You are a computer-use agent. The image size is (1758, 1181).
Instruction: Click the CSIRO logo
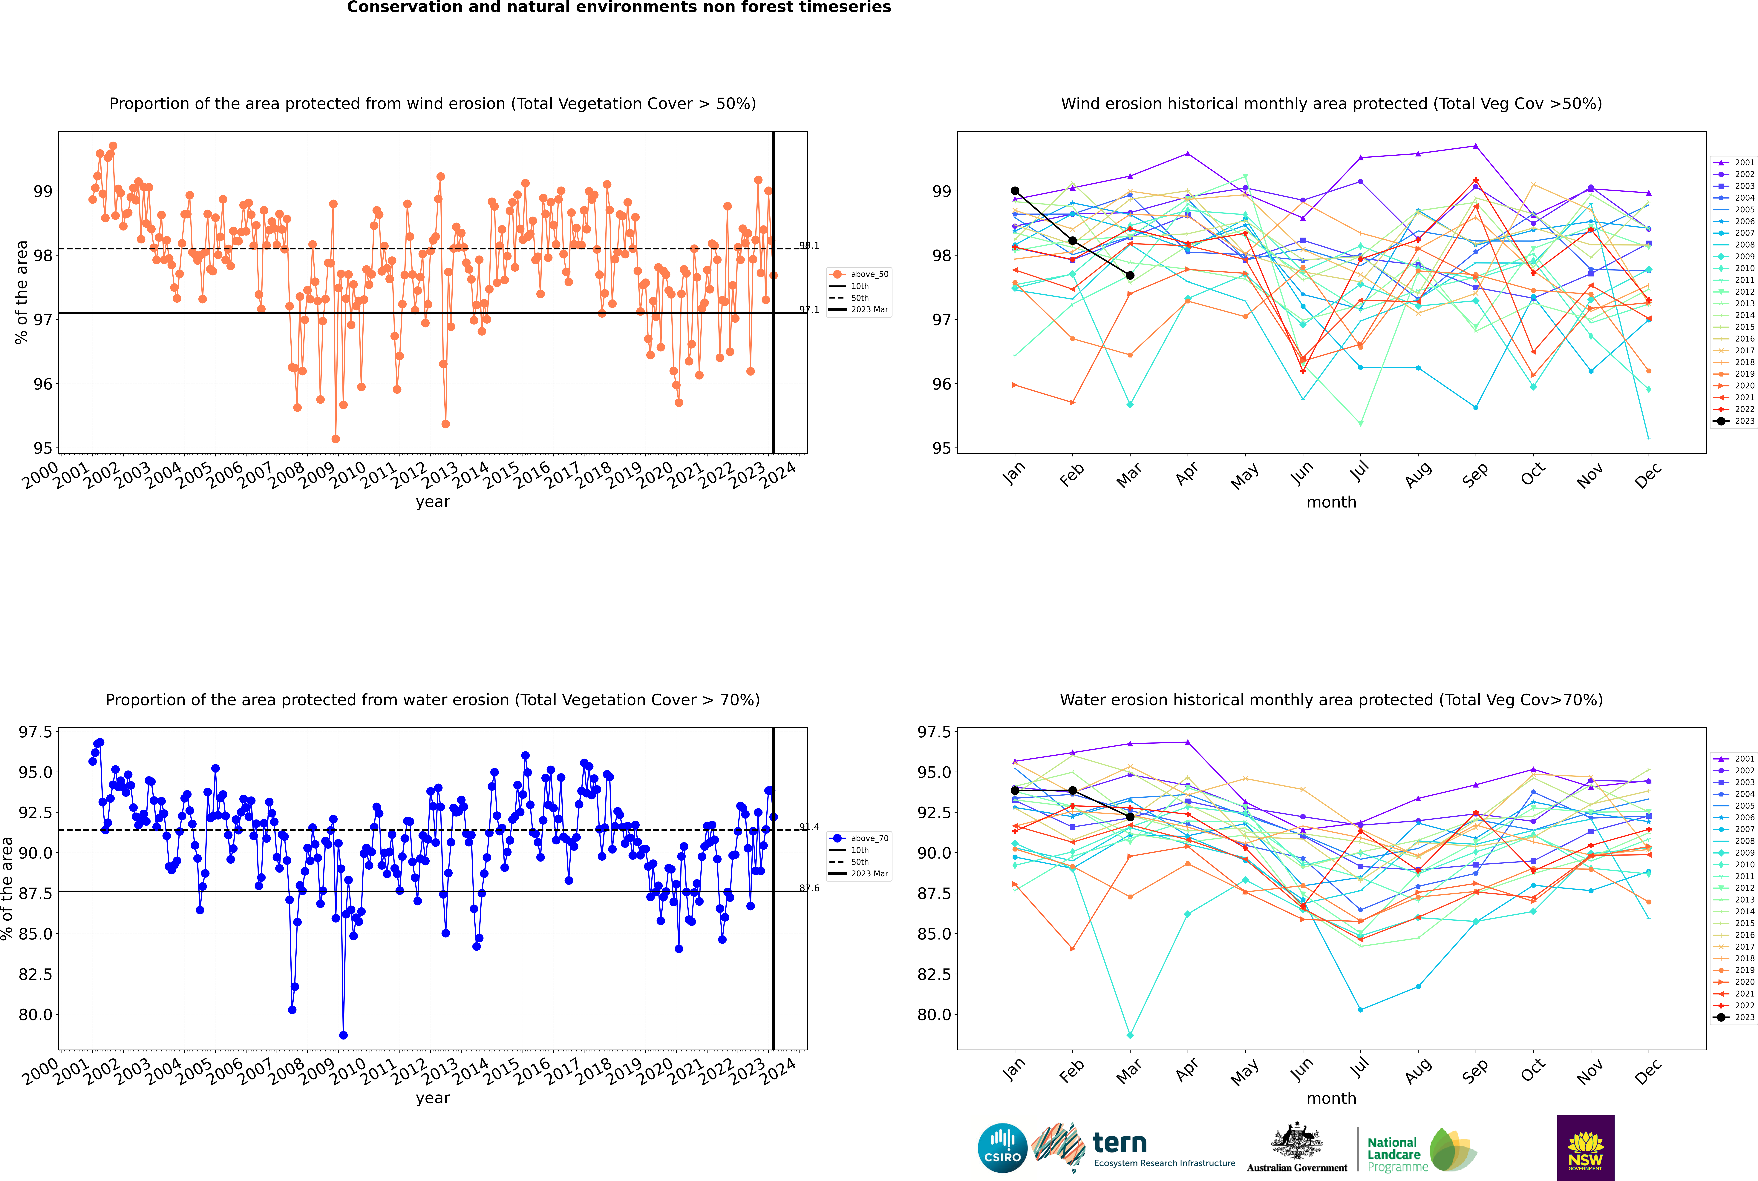pyautogui.click(x=1002, y=1148)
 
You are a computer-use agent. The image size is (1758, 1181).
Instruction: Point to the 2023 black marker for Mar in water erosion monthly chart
pyautogui.click(x=1130, y=817)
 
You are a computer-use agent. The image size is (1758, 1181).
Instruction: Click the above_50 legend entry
pyautogui.click(x=859, y=274)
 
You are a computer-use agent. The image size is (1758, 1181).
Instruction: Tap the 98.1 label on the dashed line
pyautogui.click(x=809, y=246)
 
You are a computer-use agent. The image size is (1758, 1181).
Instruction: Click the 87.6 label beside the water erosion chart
pyautogui.click(x=809, y=888)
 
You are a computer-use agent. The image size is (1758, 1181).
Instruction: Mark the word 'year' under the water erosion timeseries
pyautogui.click(x=433, y=1098)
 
